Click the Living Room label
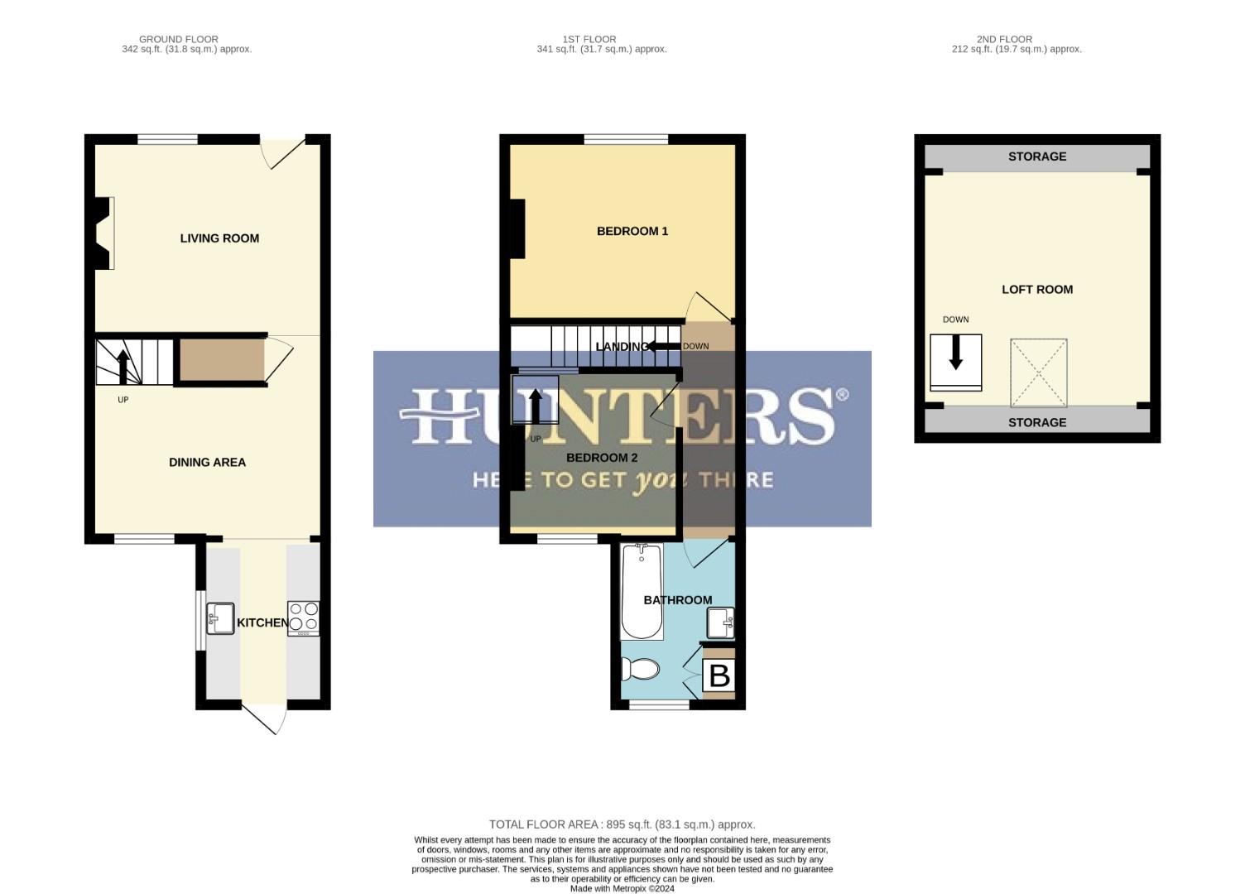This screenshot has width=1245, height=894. (x=219, y=238)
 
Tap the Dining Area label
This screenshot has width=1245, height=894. (x=207, y=463)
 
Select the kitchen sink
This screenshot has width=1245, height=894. (x=220, y=618)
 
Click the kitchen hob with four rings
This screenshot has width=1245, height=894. (x=303, y=618)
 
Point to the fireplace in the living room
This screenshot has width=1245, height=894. (x=103, y=233)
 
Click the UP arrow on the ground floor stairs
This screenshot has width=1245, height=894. (x=123, y=367)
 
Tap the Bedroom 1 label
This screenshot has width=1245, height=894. (x=632, y=231)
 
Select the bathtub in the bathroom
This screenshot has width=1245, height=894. (x=642, y=591)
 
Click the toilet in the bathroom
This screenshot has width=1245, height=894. (x=640, y=667)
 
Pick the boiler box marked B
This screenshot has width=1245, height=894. (x=719, y=675)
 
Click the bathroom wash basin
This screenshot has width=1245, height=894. (x=720, y=622)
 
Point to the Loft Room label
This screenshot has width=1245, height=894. (x=1036, y=290)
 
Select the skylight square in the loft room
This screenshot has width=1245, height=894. (x=1038, y=372)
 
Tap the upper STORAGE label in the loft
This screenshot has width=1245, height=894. (x=1036, y=156)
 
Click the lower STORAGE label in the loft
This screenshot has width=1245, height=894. (x=1036, y=422)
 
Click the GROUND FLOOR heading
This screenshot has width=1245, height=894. (x=179, y=39)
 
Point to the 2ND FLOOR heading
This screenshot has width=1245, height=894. (x=1004, y=39)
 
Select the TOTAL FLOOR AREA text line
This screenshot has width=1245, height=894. (x=622, y=824)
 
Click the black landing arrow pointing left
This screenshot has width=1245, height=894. (x=662, y=346)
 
